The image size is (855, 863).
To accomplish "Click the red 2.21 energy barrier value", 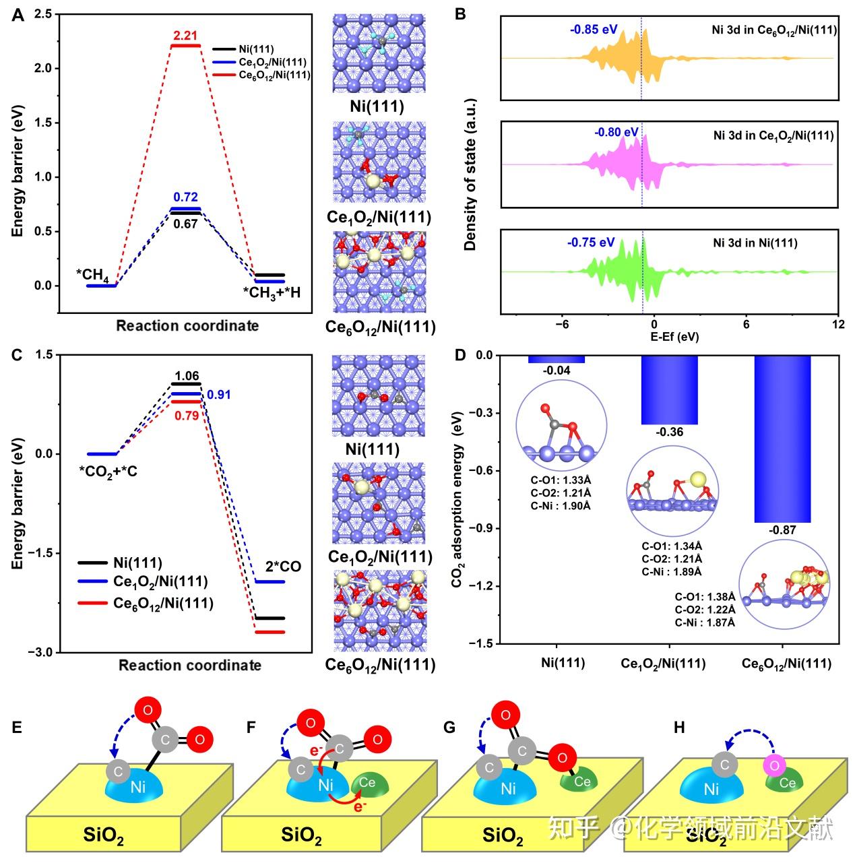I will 185,34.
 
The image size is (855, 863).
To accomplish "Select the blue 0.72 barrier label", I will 185,197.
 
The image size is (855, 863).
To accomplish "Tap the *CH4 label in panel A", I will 93,275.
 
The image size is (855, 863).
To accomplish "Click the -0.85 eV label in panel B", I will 593,30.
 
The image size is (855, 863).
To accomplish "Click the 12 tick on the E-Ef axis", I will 837,324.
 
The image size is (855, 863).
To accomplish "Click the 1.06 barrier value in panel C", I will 186,376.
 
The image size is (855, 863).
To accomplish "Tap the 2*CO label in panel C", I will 283,567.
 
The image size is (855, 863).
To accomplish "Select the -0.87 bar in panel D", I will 782,438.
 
